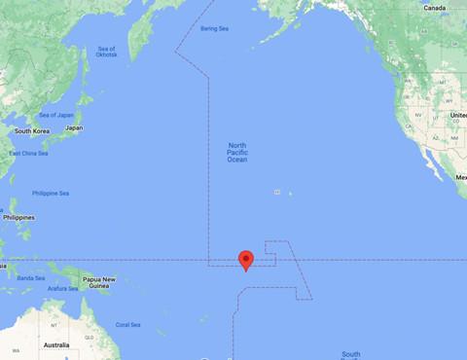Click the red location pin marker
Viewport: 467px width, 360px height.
pyautogui.click(x=246, y=259)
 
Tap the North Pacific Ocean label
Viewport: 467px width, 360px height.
pyautogui.click(x=236, y=152)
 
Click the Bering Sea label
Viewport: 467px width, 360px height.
pyautogui.click(x=213, y=28)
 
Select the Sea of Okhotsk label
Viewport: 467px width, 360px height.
pyautogui.click(x=106, y=52)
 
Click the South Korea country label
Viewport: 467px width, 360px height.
pyautogui.click(x=30, y=130)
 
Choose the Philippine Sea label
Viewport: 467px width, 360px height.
pyautogui.click(x=51, y=193)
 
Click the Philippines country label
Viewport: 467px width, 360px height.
pyautogui.click(x=17, y=217)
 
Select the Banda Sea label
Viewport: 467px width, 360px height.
pyautogui.click(x=31, y=277)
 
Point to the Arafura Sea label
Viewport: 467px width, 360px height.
pyautogui.click(x=63, y=288)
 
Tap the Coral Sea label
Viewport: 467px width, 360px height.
pyautogui.click(x=128, y=324)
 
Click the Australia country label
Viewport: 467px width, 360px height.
pyautogui.click(x=55, y=344)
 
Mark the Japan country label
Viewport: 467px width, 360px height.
pyautogui.click(x=73, y=128)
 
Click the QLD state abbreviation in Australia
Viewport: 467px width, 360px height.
pyautogui.click(x=89, y=338)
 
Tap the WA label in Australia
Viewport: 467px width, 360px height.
pyautogui.click(x=4, y=349)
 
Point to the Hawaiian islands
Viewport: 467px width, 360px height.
pyautogui.click(x=283, y=192)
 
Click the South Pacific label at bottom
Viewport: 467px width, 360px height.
pyautogui.click(x=351, y=354)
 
